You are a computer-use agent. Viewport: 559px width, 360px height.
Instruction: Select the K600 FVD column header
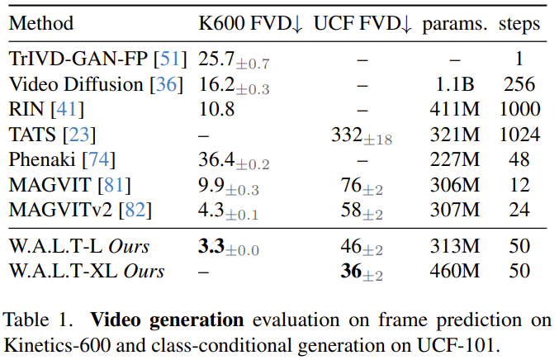(251, 24)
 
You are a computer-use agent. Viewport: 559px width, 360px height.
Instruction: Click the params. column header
(454, 24)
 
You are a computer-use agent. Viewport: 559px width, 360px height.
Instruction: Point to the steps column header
(519, 24)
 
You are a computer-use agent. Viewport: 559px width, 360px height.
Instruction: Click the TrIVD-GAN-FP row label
(85, 59)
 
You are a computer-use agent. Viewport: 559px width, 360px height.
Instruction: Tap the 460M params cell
(455, 270)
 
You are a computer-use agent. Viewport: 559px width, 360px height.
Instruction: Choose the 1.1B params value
(455, 84)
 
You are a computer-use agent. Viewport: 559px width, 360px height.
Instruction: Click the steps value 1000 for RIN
(519, 108)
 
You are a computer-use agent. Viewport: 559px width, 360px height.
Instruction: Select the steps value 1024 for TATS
(519, 133)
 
